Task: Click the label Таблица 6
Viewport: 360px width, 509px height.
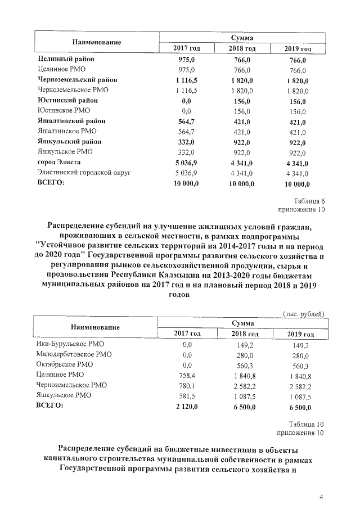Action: tap(309, 201)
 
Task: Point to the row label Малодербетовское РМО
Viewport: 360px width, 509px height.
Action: tap(74, 355)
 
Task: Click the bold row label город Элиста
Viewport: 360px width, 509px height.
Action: tap(61, 163)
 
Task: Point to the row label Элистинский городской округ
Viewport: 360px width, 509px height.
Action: tap(84, 173)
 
